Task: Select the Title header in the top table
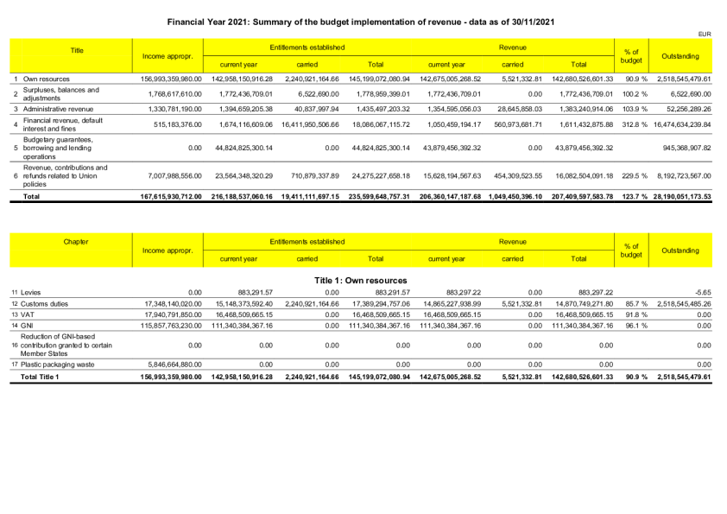[77, 51]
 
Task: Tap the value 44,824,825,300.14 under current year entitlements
[238, 147]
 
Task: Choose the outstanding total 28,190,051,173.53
[676, 197]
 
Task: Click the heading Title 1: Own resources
[363, 280]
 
